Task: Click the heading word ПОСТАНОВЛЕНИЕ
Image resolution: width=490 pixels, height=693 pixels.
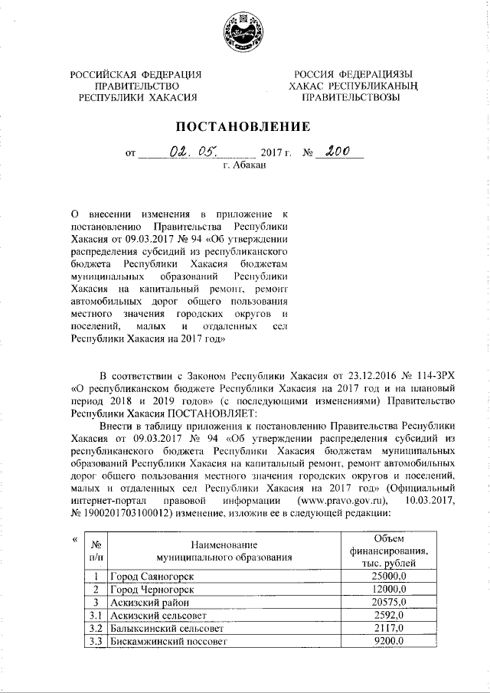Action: (245, 126)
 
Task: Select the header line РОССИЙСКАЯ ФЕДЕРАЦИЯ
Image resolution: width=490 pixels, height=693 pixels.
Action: (136, 74)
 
